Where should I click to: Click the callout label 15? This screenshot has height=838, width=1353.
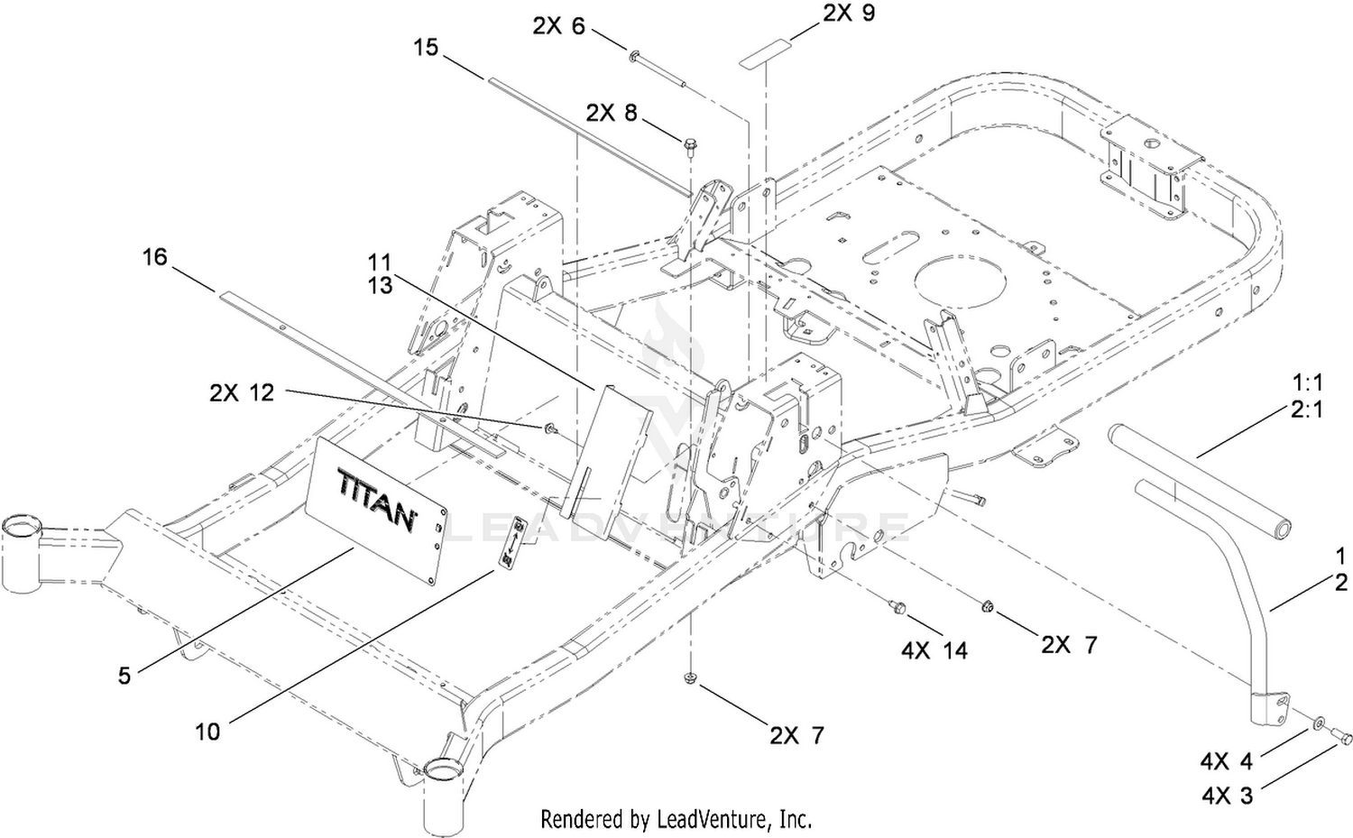pos(426,47)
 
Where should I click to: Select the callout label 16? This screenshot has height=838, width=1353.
pos(155,258)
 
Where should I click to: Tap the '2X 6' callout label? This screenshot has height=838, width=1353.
pos(558,26)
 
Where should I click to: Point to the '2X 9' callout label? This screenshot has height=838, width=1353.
pos(849,14)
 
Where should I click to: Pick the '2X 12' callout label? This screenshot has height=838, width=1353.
pos(242,393)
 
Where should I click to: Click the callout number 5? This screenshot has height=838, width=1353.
pos(124,675)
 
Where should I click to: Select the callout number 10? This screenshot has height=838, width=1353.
pos(207,731)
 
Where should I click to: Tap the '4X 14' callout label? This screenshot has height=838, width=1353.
pos(934,649)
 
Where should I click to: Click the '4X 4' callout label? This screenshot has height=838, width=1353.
pos(1226,762)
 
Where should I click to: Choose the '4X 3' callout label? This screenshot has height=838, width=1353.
pos(1226,795)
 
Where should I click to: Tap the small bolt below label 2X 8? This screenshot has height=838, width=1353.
pos(691,145)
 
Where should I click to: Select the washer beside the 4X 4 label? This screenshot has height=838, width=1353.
pos(1319,723)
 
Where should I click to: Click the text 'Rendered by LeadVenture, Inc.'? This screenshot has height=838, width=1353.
pos(676,819)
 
